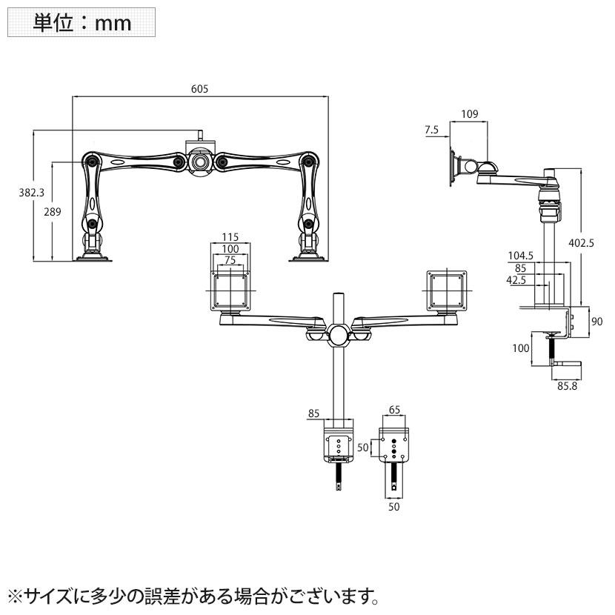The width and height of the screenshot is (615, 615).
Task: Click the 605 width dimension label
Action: tap(199, 89)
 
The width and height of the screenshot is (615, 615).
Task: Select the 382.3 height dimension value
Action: tap(31, 192)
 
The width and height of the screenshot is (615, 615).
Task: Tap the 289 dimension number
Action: tap(51, 212)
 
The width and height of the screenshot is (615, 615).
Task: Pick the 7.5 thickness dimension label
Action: tap(432, 130)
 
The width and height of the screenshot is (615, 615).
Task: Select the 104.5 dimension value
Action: tap(522, 255)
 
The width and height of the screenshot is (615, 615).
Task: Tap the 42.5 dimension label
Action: tap(519, 280)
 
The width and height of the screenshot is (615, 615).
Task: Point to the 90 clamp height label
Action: tap(598, 321)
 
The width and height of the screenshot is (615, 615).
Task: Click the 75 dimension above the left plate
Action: tap(231, 260)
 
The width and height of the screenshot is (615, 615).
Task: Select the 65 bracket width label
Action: tap(393, 408)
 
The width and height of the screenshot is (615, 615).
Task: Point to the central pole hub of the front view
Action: tap(200, 160)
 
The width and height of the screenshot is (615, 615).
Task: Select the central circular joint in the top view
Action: tap(339, 333)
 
